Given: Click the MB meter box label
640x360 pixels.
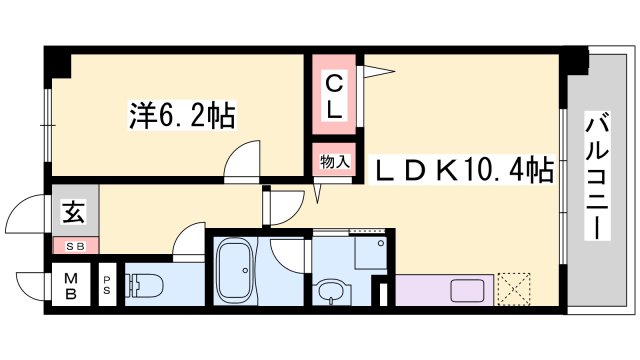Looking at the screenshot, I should pos(72,286).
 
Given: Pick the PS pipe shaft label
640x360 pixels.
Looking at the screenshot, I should pos(107,288).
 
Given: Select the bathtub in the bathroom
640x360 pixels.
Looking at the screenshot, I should pos(236,271).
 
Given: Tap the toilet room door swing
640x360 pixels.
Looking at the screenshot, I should pos(187,244).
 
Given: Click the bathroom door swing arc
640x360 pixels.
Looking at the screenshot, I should pos(284,254).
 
